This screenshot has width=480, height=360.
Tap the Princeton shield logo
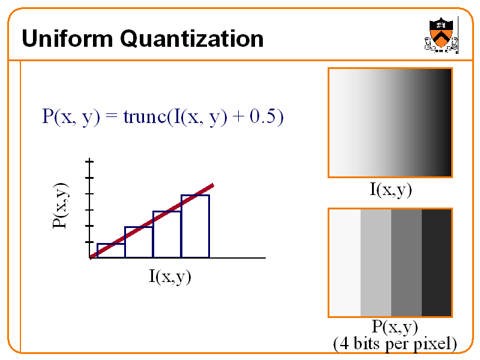[441, 35]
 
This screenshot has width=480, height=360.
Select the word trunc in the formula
[145, 116]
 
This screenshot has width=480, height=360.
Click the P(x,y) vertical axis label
[61, 206]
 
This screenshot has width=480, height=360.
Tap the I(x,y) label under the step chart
[170, 276]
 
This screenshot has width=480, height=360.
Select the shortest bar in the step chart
[111, 250]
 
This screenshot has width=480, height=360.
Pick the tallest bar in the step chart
[195, 226]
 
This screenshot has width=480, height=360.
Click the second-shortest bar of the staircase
[139, 242]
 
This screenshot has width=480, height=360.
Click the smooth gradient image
[390, 122]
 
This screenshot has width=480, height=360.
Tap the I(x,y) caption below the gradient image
[390, 190]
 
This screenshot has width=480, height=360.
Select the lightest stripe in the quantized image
[345, 263]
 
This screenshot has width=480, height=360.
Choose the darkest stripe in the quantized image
[437, 263]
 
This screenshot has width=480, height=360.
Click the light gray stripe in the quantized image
[376, 263]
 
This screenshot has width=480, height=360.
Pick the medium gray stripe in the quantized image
[406, 263]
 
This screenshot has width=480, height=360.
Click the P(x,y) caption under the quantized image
[394, 327]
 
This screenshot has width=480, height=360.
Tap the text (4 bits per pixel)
[395, 344]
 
